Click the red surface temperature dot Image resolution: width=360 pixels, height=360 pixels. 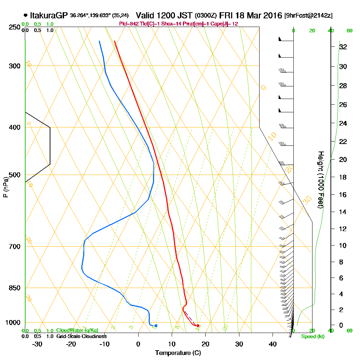pos(198,325)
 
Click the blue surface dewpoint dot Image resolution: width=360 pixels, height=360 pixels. pos(156,325)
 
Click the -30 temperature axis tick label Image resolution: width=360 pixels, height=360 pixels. pos(37,344)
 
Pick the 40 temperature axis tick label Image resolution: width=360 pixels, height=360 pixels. pos(273,344)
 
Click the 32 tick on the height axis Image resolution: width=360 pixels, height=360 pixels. pos(343,47)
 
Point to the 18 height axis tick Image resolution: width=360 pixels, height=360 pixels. pos(343,177)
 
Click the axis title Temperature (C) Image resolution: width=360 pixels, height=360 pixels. pos(177,353)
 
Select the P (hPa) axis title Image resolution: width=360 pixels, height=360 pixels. pos(5,187)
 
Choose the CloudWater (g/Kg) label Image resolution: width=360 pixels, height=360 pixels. pos(77,330)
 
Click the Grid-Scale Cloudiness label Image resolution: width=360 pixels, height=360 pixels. pos(81,336)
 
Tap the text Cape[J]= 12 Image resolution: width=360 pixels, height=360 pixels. pos(224,24)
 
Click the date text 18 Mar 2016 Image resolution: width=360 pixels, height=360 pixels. pos(258,15)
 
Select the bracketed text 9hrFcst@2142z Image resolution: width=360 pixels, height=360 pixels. pos(309,16)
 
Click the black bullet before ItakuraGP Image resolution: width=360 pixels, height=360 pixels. pos(25,15)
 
